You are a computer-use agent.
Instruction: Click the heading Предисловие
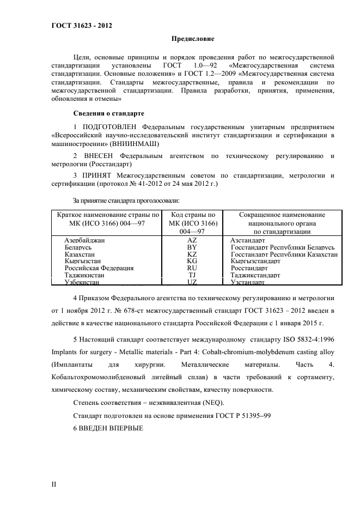(x=193, y=39)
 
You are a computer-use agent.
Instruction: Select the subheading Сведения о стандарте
(x=108, y=113)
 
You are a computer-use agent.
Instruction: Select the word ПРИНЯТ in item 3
(x=97, y=175)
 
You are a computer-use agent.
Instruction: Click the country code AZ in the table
(x=192, y=240)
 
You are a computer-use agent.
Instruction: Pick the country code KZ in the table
(x=192, y=254)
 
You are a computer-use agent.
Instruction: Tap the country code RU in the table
(x=192, y=268)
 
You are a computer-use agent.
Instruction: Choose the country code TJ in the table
(x=192, y=275)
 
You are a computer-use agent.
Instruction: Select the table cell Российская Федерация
(x=99, y=268)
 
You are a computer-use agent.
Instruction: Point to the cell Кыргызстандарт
(x=255, y=261)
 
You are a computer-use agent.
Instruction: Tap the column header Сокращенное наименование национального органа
(x=282, y=223)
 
